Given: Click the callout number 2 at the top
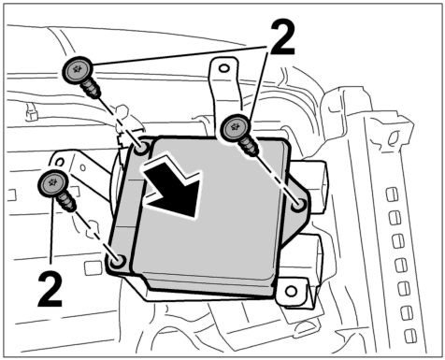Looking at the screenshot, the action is pyautogui.click(x=282, y=37).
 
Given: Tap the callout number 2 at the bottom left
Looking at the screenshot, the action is pyautogui.click(x=50, y=289).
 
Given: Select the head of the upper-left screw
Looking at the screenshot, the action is pyautogui.click(x=78, y=70).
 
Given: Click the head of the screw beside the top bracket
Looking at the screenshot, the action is pyautogui.click(x=236, y=128).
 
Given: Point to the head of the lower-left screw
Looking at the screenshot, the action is pyautogui.click(x=52, y=183).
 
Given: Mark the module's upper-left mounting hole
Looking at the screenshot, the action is pyautogui.click(x=141, y=149).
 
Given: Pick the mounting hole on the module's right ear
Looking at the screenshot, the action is pyautogui.click(x=298, y=206).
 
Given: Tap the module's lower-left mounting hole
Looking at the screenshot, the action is pyautogui.click(x=118, y=261).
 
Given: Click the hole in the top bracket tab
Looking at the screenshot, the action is pyautogui.click(x=223, y=68).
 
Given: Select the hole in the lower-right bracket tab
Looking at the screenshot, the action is pyautogui.click(x=291, y=292).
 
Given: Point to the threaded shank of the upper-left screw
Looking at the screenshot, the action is pyautogui.click(x=91, y=89).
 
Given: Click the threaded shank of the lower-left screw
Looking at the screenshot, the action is pyautogui.click(x=66, y=202).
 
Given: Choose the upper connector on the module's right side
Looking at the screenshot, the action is pyautogui.click(x=311, y=186).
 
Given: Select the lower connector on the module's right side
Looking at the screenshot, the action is pyautogui.click(x=304, y=258).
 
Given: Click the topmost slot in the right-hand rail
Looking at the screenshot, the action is pyautogui.click(x=392, y=194).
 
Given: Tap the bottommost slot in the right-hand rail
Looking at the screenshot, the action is pyautogui.click(x=410, y=336).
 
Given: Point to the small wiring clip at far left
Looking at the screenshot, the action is pyautogui.click(x=31, y=112).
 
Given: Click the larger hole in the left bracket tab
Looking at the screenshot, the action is pyautogui.click(x=59, y=162).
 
